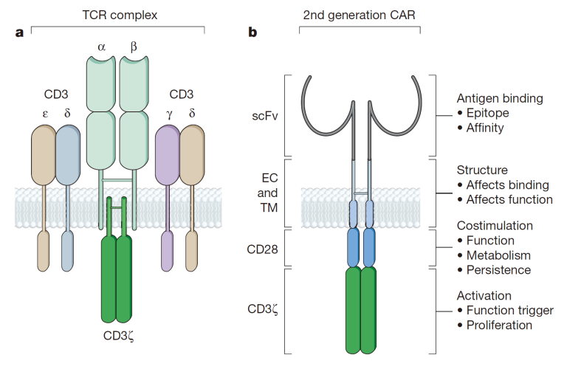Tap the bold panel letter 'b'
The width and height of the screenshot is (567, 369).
[252, 32]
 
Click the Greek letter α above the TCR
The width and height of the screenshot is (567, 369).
[101, 48]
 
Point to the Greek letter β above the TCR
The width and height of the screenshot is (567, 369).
[134, 48]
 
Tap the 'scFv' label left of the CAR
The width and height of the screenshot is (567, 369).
[267, 116]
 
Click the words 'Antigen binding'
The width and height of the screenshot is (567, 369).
[500, 98]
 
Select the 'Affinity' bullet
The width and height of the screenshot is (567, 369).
[484, 128]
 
